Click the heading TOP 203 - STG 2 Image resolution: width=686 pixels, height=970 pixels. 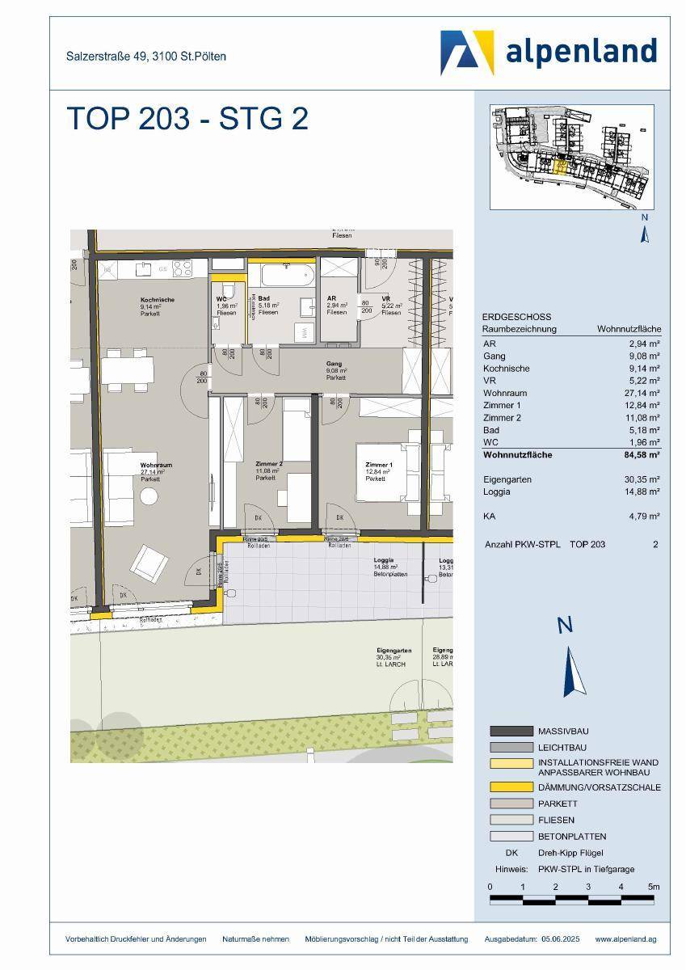point(187,118)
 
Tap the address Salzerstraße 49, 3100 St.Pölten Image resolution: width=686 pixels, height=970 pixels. point(145,57)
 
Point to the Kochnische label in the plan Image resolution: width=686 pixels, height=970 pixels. point(157,300)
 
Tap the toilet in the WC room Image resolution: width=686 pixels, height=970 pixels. point(227,292)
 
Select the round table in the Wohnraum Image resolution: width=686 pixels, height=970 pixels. point(149,498)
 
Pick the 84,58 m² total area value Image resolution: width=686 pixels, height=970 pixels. point(641,455)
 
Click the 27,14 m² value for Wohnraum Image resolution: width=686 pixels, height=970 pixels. point(644,392)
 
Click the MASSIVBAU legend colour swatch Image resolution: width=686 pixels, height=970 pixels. point(511,731)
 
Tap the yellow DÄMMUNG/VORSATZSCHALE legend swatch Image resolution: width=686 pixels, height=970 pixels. point(511,787)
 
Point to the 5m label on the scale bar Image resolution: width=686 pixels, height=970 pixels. point(654,887)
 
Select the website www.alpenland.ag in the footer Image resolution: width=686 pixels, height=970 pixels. point(625,939)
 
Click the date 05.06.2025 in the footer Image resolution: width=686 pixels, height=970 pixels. point(557,939)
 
